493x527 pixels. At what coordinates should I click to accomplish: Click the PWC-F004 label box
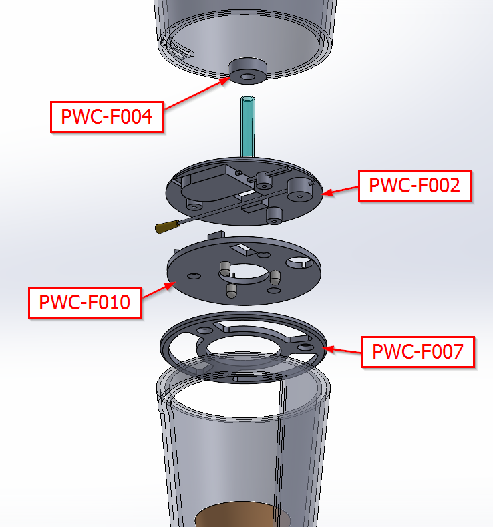pos(107,116)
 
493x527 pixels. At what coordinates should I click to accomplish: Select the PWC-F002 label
pos(415,186)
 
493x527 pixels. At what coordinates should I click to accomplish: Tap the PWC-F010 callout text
pos(85,302)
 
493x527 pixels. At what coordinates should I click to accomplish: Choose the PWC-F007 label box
pos(418,351)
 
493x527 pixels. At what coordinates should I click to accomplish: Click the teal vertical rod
pos(246,127)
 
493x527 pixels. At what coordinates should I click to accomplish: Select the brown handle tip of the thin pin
pos(162,228)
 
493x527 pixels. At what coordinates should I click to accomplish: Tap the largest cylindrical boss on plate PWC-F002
pos(299,188)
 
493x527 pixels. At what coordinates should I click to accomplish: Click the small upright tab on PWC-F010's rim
pos(215,234)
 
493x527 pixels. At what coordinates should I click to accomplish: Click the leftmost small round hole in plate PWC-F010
pos(193,275)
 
